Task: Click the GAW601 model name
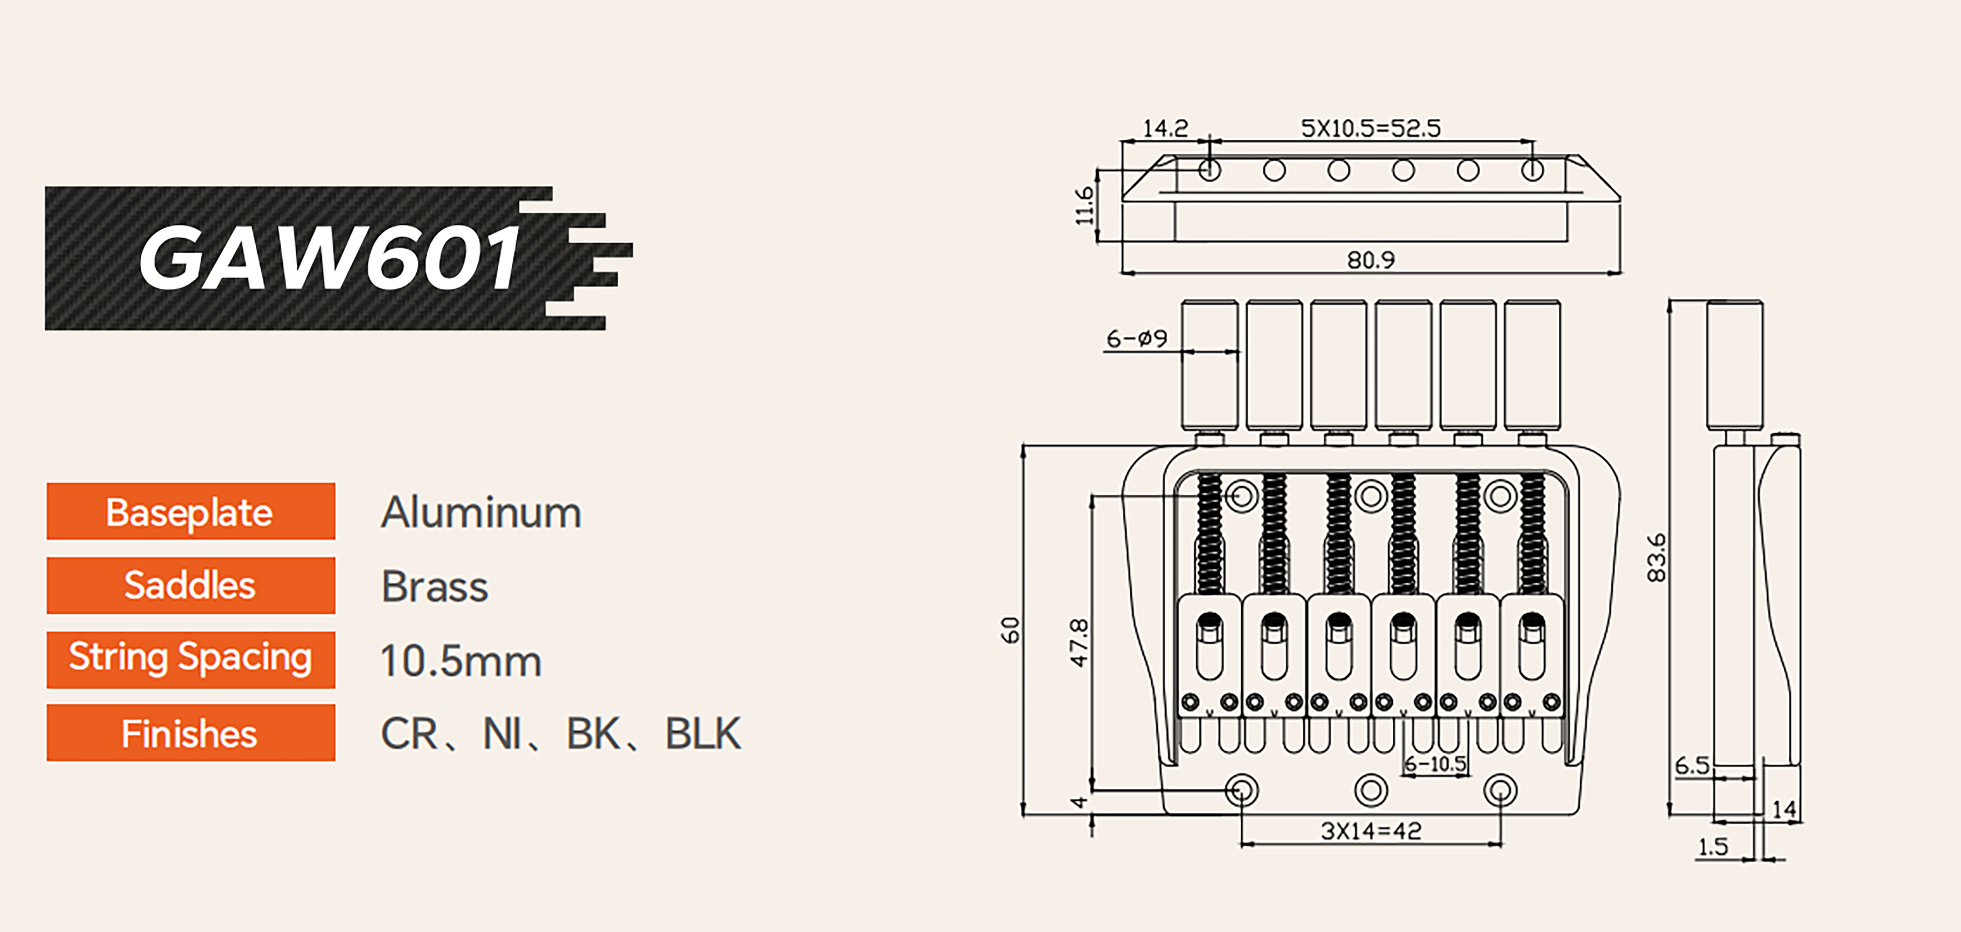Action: (329, 258)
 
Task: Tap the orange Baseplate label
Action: (190, 512)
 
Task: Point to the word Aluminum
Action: (481, 513)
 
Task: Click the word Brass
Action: (435, 586)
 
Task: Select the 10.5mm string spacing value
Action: (460, 660)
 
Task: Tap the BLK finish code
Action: (703, 734)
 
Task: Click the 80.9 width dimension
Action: (1371, 260)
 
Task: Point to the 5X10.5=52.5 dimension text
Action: (1370, 128)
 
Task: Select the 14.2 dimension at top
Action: (1165, 128)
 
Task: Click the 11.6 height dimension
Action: (1084, 206)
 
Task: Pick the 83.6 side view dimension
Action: (1656, 557)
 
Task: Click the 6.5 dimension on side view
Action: (1692, 765)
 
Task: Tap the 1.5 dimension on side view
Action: (1713, 847)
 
